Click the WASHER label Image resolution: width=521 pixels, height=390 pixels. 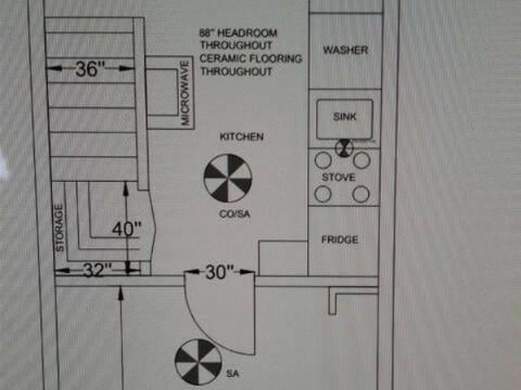tap(345, 50)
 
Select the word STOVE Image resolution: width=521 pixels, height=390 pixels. tap(338, 176)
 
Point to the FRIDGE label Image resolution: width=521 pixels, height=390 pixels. tap(339, 240)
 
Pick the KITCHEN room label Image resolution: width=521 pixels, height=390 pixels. tap(242, 136)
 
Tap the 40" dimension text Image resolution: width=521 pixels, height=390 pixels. tap(127, 230)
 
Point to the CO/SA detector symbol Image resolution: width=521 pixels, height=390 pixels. tap(227, 180)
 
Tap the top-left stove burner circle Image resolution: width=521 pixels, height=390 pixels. tap(323, 160)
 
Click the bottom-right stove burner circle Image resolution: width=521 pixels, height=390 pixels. tap(361, 194)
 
